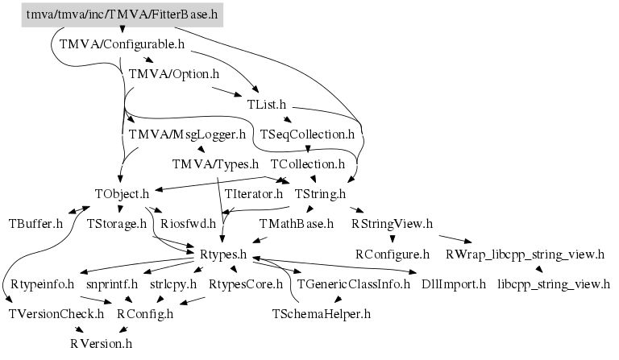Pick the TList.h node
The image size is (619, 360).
267,105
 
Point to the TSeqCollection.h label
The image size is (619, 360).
307,134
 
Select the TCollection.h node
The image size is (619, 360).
308,163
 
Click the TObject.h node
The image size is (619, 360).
122,193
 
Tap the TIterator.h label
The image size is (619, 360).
254,193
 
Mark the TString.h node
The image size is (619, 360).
320,193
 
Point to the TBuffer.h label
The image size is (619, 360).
35,223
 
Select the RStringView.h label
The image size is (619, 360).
392,223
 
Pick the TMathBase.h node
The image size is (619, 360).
296,223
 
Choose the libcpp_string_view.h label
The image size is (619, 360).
554,283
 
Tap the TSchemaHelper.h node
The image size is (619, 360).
322,313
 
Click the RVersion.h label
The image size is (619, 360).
101,343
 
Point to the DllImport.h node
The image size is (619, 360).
454,283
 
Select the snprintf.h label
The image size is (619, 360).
112,283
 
